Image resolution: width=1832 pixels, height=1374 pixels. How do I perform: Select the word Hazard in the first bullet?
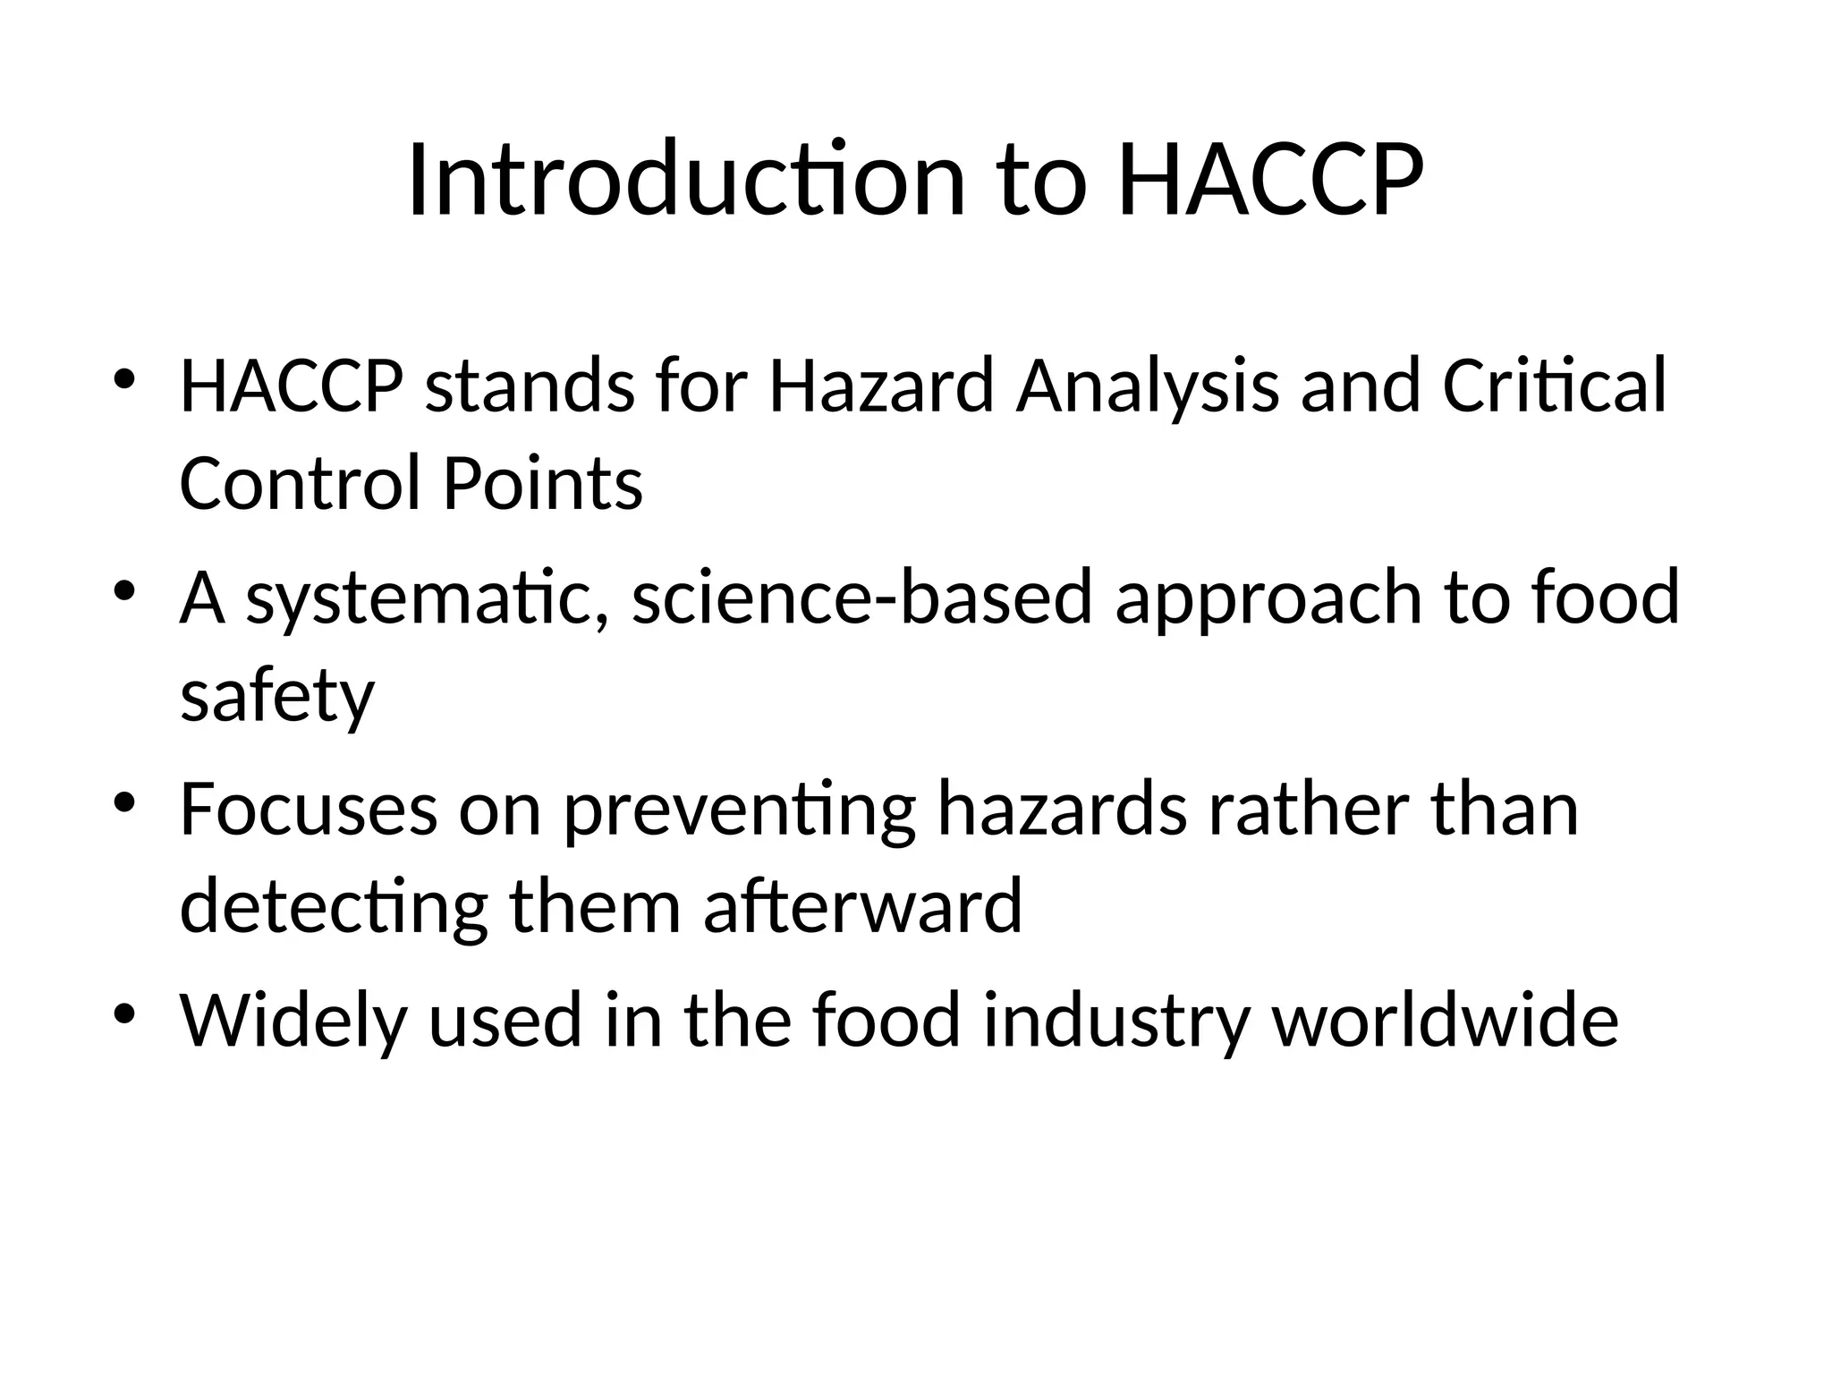point(880,386)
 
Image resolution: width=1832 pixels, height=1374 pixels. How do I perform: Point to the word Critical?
point(1555,386)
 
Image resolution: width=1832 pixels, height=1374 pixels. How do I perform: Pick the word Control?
point(300,483)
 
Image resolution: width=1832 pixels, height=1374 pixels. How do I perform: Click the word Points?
point(543,483)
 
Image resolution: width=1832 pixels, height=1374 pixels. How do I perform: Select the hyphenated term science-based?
point(862,598)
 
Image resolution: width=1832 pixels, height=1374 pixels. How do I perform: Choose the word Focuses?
point(309,810)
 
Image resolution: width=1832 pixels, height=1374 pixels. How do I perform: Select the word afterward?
point(862,905)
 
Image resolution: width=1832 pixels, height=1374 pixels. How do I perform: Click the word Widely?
point(293,1022)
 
